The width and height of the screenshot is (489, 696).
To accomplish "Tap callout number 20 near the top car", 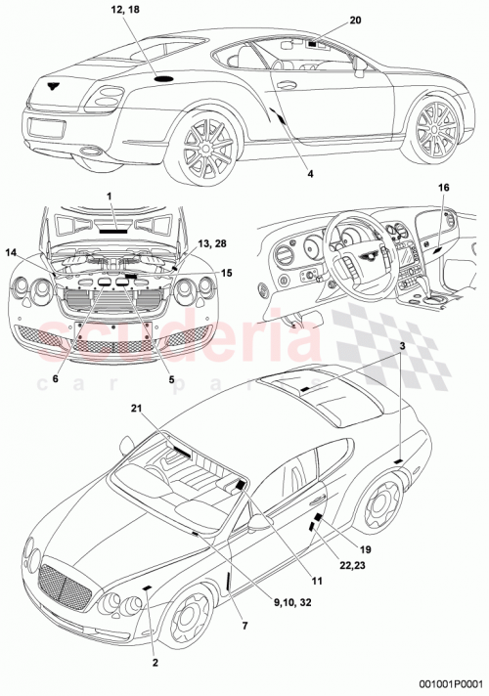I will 327,21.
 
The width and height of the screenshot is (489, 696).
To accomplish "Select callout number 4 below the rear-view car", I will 310,173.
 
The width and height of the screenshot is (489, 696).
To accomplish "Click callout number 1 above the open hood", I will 111,196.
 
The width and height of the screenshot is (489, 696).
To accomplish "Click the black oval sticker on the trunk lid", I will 164,77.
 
